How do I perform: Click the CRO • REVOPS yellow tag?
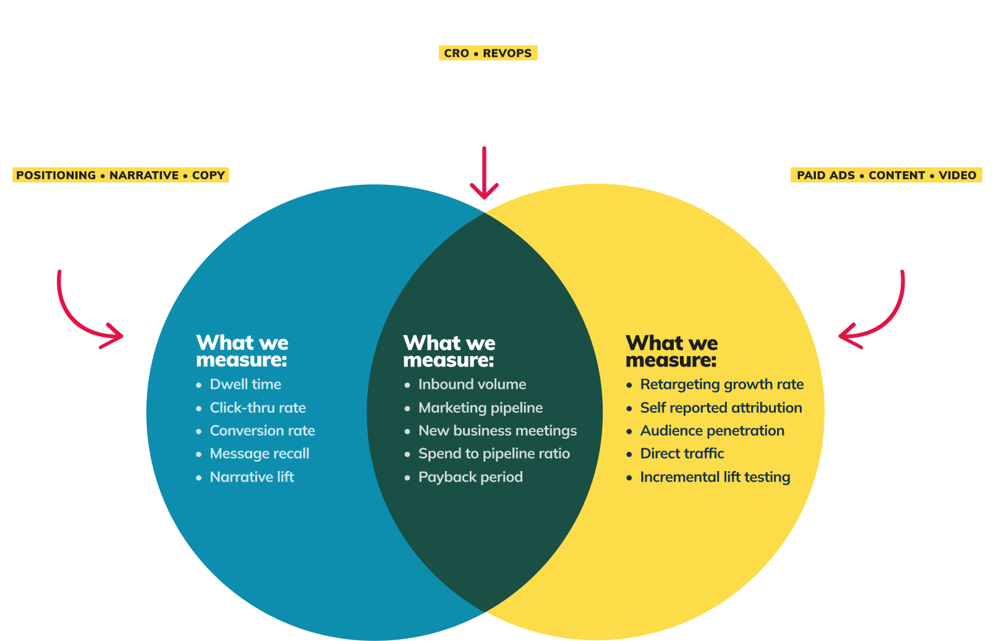488,53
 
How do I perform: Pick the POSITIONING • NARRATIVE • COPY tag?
121,176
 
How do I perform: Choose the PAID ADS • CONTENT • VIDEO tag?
886,176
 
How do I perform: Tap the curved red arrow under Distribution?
878,315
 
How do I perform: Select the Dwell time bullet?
245,384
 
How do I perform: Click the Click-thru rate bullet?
258,408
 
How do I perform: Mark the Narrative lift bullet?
252,477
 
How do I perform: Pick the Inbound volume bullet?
472,384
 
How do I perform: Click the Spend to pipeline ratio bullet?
494,454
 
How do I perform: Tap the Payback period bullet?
470,477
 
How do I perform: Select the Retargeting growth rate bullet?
721,384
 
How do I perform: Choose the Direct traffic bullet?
682,454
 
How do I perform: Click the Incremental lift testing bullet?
715,477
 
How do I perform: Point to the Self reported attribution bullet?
721,408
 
